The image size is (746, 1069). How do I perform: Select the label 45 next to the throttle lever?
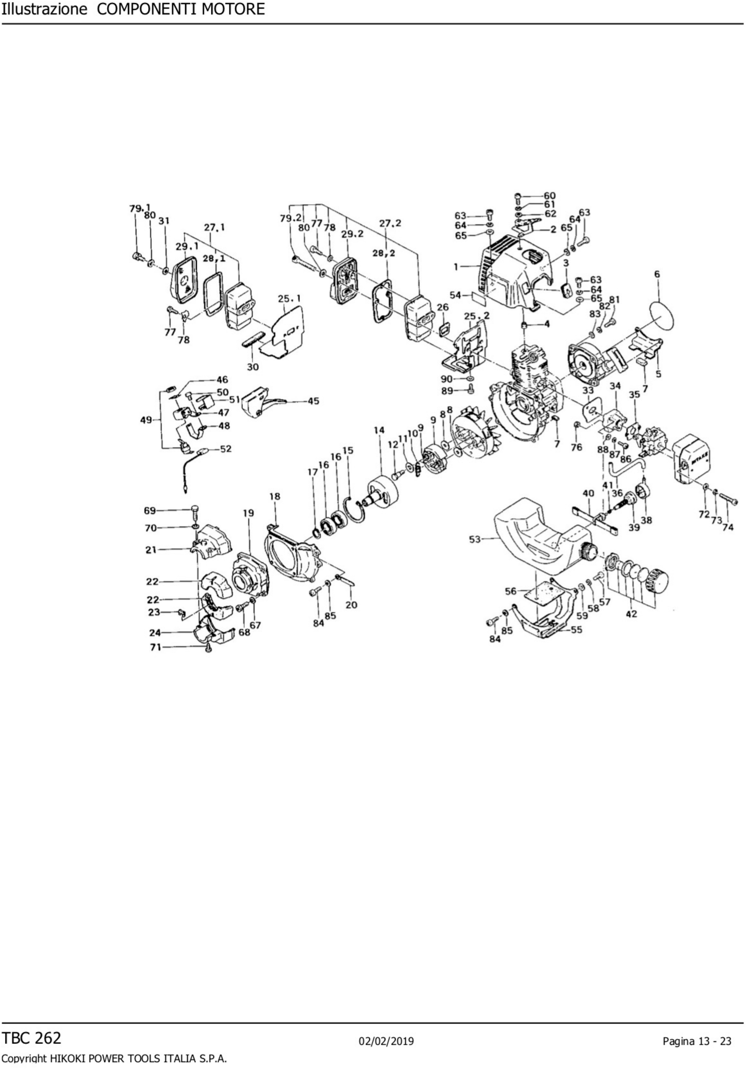(x=314, y=401)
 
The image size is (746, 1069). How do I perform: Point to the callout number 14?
(x=379, y=430)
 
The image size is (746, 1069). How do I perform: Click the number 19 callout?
(x=248, y=513)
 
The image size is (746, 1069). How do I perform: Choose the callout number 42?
(x=631, y=614)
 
